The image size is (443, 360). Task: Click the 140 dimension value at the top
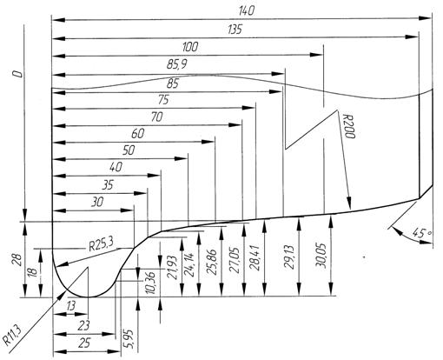pos(247,10)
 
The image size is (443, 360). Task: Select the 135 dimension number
pos(235,30)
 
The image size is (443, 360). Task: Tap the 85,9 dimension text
pos(176,64)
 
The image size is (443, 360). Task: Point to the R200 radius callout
pos(348,126)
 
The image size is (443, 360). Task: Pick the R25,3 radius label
pos(101,245)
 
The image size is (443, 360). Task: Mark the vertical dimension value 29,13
pos(289,257)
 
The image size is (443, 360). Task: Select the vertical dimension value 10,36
pos(151,283)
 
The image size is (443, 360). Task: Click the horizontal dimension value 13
pos(71,305)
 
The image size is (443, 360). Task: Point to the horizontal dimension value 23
pos(84,326)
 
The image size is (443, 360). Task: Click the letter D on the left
pos(18,74)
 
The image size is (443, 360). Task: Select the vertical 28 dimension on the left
pos(17,260)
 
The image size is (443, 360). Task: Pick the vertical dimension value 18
pos(33,272)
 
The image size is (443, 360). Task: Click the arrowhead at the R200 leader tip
pos(349,203)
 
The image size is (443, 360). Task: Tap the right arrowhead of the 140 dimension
pos(426,18)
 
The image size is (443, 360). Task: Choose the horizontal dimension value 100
pos(190,47)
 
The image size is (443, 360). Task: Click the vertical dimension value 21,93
pos(173,267)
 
